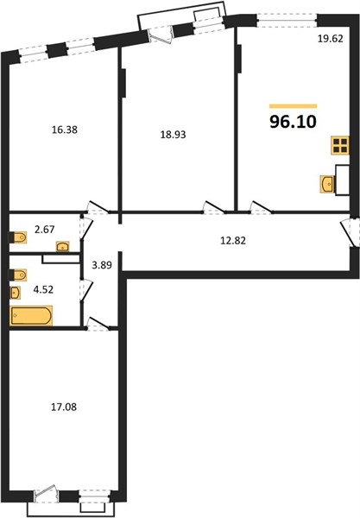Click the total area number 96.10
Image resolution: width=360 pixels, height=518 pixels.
[x=294, y=122]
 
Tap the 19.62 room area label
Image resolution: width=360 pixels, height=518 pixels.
[x=331, y=39]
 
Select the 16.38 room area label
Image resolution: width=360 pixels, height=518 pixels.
[x=65, y=129]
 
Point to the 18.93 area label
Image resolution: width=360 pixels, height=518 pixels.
[x=173, y=135]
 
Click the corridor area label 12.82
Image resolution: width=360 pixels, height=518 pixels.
[x=233, y=241]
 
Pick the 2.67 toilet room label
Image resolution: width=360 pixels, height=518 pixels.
[x=45, y=230]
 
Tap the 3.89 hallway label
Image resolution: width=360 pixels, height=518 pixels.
[x=102, y=265]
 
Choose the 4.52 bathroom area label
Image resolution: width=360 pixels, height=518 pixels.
[x=43, y=290]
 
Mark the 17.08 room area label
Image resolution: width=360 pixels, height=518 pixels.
[x=64, y=407]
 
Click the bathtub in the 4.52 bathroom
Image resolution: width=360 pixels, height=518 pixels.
[x=31, y=316]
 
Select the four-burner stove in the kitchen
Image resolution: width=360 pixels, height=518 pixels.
[x=340, y=145]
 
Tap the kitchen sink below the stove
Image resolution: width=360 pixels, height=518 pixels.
[x=328, y=184]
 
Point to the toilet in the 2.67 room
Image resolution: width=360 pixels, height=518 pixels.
[x=18, y=237]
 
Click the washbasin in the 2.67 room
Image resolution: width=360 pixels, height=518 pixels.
[x=63, y=246]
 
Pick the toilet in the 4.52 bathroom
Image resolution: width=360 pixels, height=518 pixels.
[x=18, y=275]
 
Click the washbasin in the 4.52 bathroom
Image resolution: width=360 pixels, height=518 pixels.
[x=16, y=293]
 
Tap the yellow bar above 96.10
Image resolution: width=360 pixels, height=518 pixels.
[x=294, y=106]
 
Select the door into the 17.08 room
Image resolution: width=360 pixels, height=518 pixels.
[x=98, y=324]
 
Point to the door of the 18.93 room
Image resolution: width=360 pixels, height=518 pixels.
[x=215, y=207]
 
